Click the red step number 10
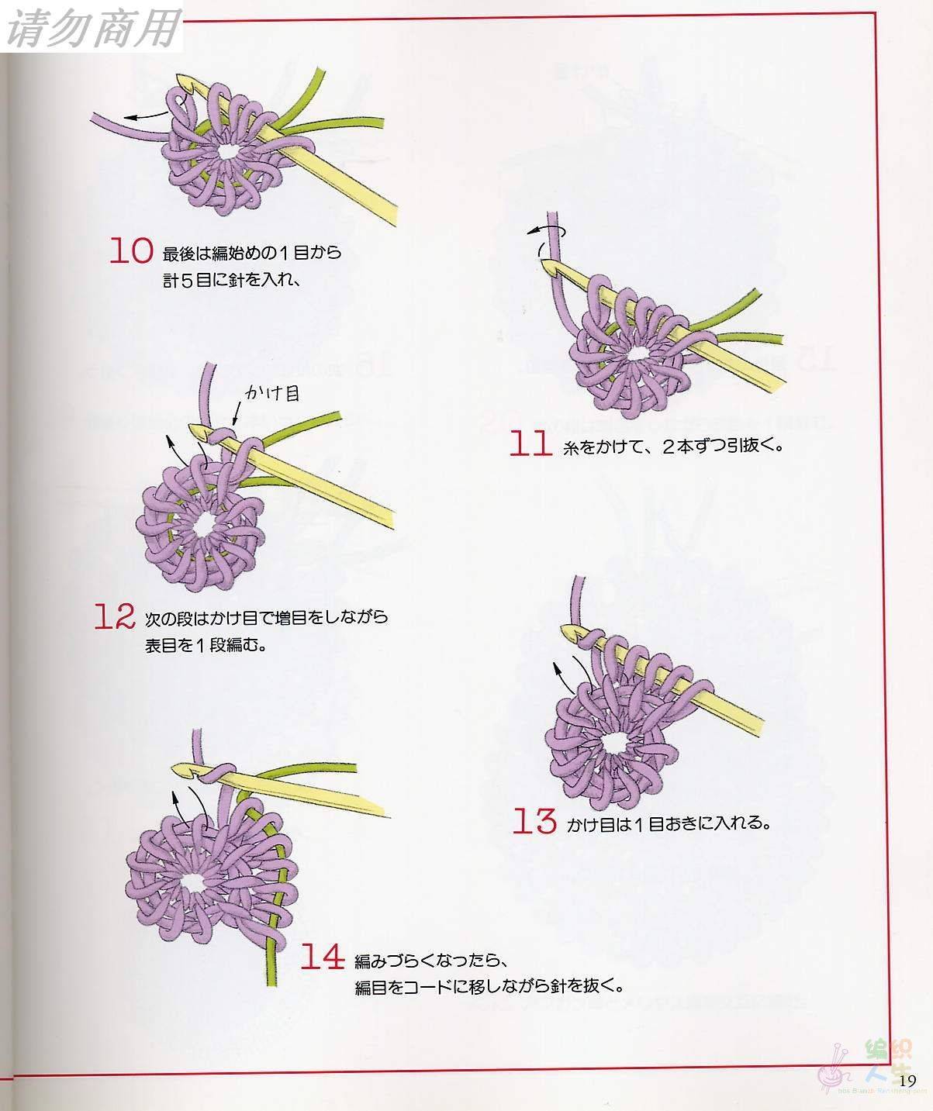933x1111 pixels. (132, 250)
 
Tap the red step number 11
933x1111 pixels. (530, 443)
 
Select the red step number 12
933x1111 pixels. (115, 616)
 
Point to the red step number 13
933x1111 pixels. (534, 821)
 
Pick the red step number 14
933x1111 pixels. (323, 956)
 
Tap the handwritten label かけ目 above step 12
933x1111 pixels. (272, 393)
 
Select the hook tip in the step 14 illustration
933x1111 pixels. (175, 768)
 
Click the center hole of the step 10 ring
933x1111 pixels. (228, 152)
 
